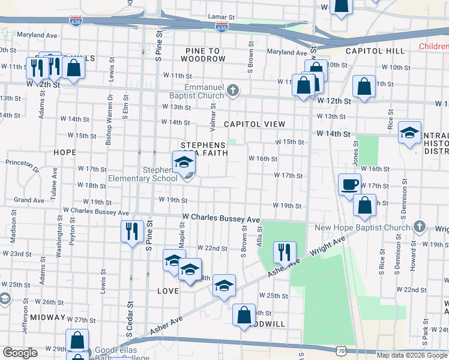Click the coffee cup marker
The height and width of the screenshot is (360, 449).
349,184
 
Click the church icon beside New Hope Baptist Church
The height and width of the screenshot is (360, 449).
420,227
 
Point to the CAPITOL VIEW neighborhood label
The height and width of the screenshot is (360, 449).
254,124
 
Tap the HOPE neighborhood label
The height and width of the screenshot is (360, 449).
64,152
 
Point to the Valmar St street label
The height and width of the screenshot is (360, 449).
212,114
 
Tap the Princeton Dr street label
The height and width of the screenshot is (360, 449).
22,163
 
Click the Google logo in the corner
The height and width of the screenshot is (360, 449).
20,353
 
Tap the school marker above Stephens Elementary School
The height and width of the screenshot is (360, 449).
184,162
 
